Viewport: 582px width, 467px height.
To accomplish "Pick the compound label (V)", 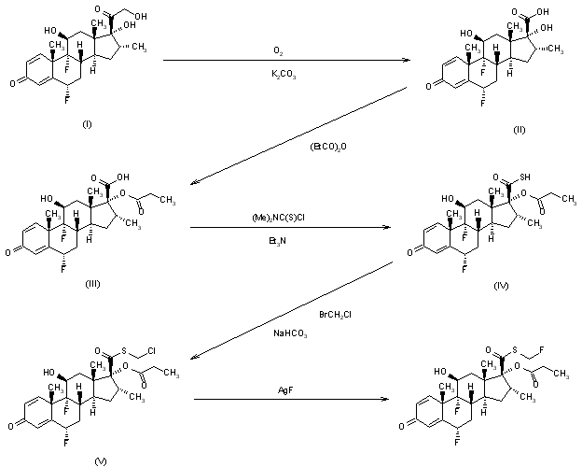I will [x=76, y=460].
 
